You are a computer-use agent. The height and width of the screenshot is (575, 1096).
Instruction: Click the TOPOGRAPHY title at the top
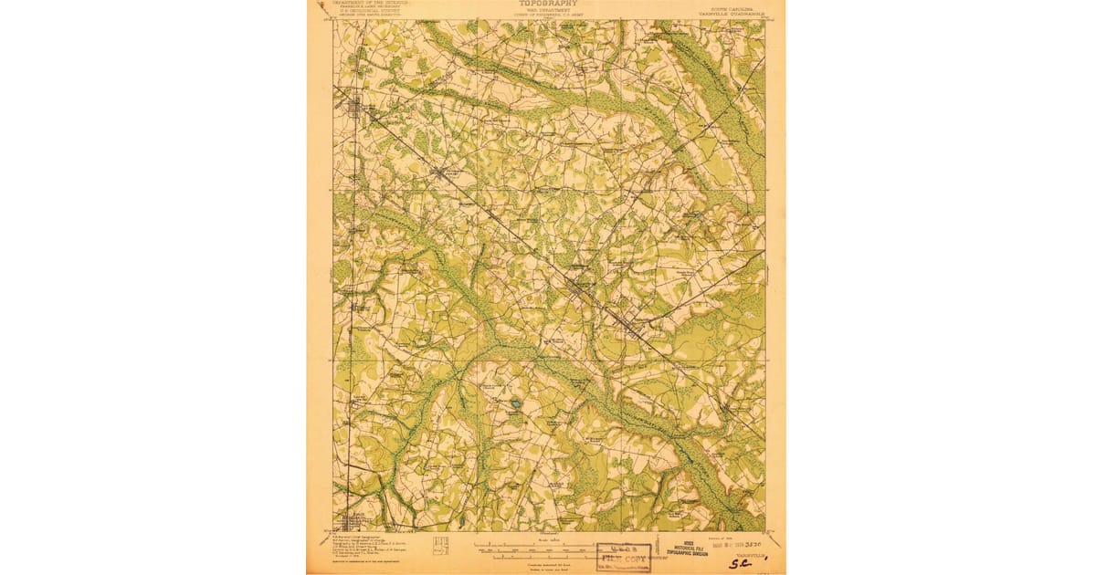pos(548,4)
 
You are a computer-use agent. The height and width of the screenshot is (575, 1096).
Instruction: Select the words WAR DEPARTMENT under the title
pos(548,11)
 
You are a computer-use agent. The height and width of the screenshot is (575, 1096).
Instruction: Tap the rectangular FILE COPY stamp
pos(624,558)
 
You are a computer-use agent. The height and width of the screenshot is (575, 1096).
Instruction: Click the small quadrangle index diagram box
pos(440,544)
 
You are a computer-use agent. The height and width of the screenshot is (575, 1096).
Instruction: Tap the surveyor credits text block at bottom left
pos(370,548)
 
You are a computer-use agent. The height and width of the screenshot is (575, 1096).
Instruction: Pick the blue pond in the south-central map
pos(516,402)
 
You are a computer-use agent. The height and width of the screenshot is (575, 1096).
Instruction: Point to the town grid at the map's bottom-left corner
pos(351,520)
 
